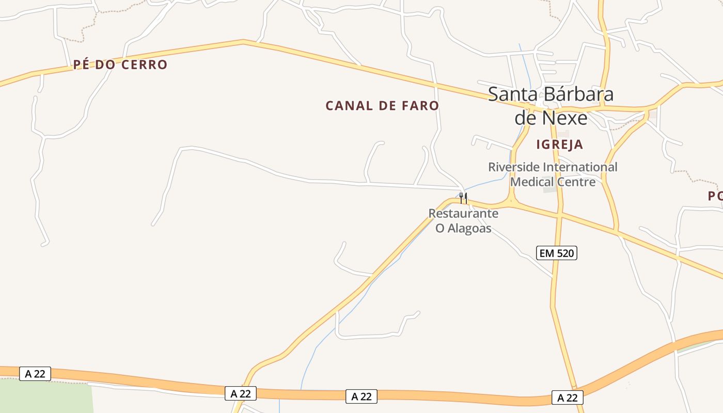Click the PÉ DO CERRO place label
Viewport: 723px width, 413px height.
(x=120, y=65)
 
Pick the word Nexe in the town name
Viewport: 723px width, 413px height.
(x=567, y=118)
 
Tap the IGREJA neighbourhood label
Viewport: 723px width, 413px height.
(x=559, y=145)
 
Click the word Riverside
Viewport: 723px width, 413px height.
(x=513, y=167)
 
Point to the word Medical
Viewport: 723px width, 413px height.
(x=530, y=182)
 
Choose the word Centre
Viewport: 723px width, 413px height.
(x=576, y=182)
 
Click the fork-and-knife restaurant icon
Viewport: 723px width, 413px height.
(x=463, y=198)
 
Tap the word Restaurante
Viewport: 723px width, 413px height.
(x=463, y=213)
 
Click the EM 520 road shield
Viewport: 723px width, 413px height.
(x=556, y=253)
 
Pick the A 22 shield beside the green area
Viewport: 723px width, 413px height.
(x=35, y=374)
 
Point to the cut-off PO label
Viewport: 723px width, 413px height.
(x=715, y=196)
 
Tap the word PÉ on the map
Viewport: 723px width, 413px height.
(x=82, y=65)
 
